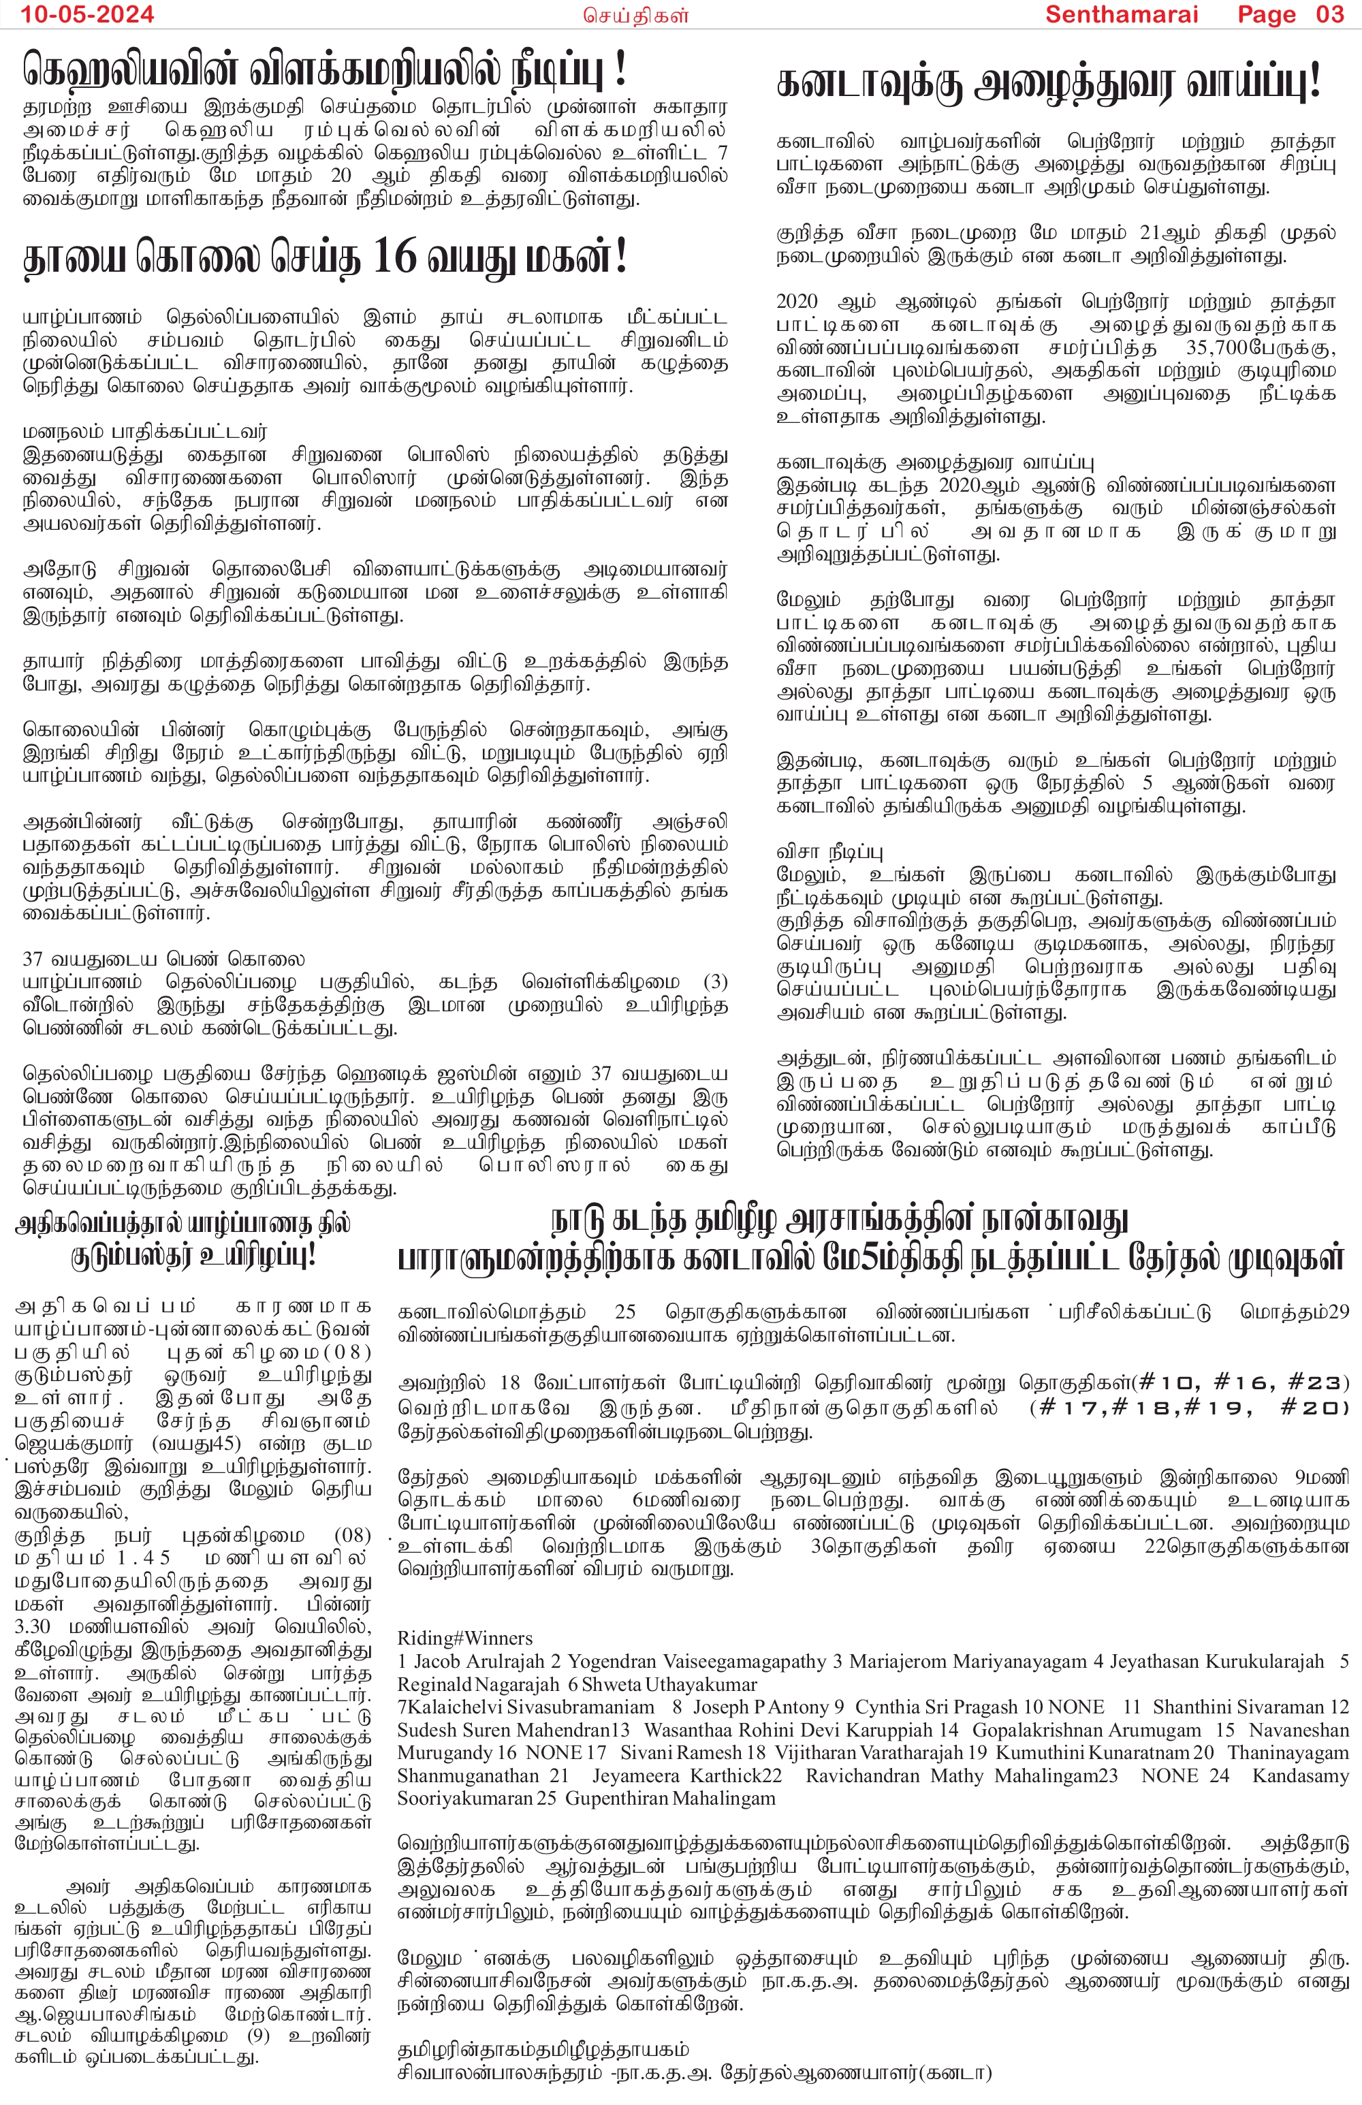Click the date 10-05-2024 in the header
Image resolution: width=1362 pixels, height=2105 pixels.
[86, 14]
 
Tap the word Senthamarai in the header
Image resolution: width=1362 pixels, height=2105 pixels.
[1122, 14]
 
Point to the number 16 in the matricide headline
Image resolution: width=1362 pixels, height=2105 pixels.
[394, 257]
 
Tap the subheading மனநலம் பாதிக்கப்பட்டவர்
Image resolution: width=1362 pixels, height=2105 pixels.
[144, 432]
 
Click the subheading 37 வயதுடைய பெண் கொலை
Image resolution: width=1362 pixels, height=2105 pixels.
[163, 960]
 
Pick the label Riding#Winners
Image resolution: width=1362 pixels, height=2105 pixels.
[464, 1638]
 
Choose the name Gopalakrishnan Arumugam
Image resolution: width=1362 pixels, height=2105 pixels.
[1087, 1730]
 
